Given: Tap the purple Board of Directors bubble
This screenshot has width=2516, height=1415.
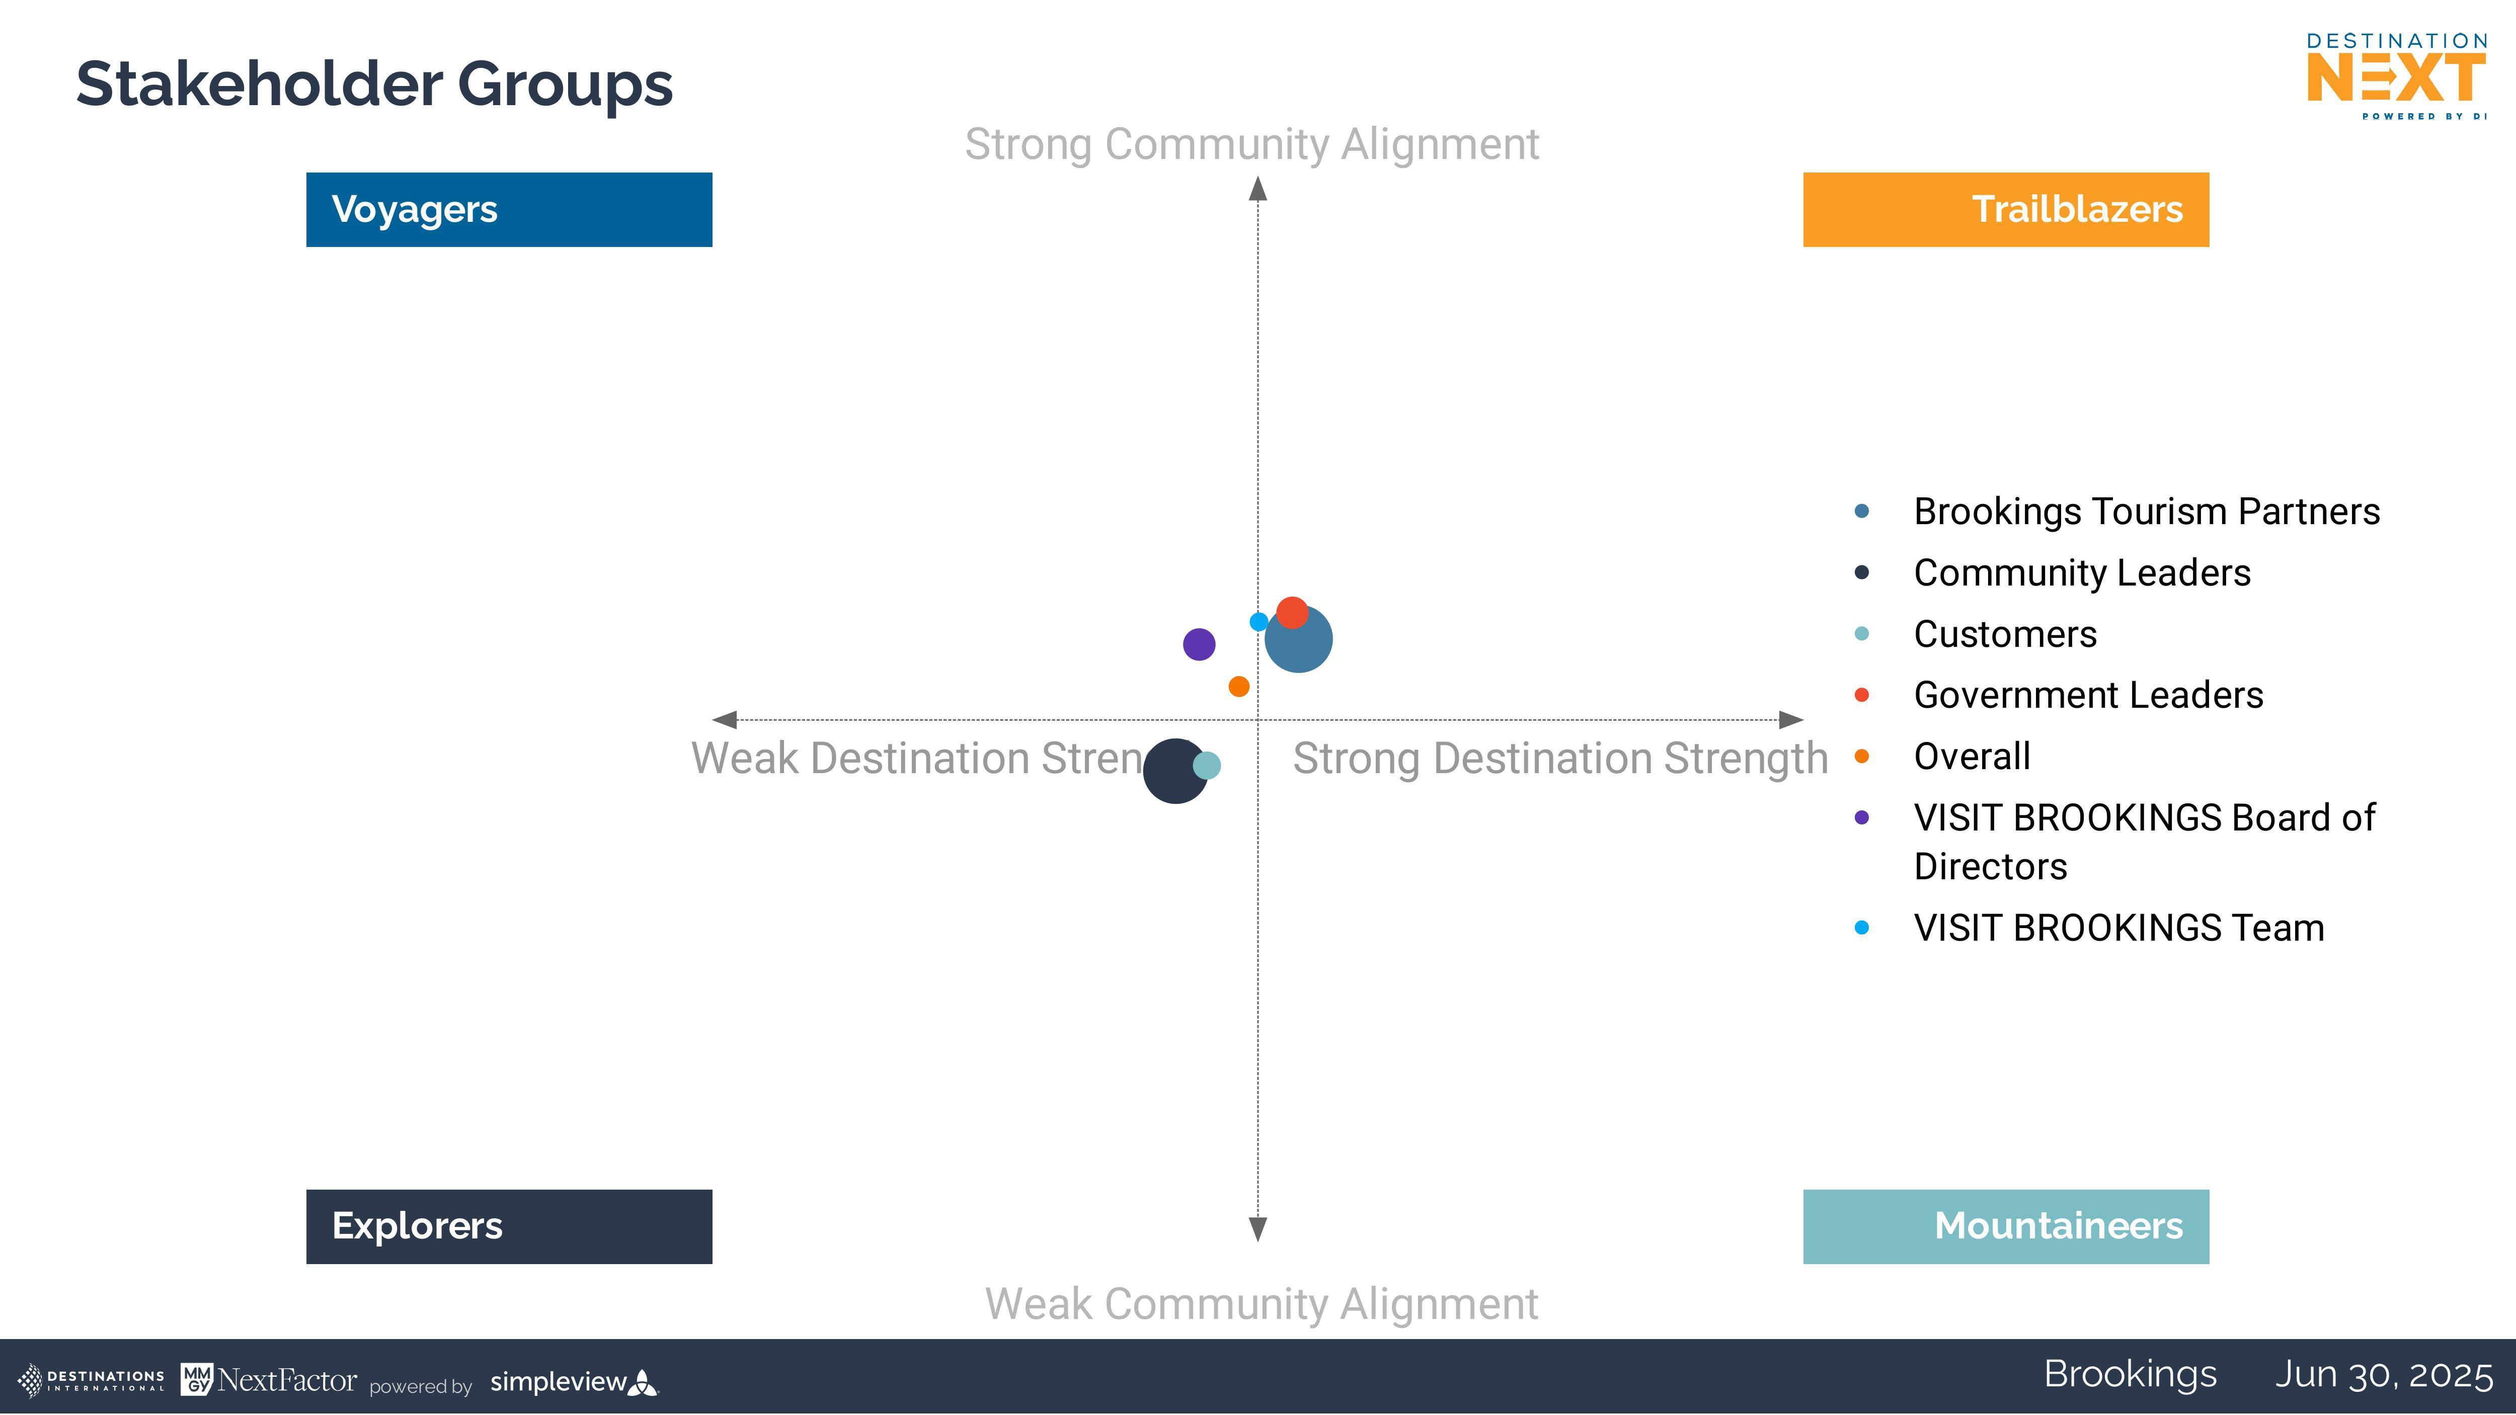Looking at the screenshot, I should [1199, 644].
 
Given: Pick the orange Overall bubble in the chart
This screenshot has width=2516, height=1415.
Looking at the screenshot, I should [1238, 687].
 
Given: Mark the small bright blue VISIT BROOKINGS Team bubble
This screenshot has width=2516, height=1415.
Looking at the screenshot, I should [1259, 621].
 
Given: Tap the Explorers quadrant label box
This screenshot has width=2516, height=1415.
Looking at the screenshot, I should [509, 1226].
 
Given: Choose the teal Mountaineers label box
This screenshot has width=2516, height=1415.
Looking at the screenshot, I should [2005, 1226].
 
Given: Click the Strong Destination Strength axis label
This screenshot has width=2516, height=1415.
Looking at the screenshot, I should [1560, 759].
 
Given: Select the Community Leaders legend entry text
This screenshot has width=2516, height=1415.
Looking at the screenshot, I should [2081, 573].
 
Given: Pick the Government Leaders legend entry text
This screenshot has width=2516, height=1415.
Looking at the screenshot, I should [2088, 695].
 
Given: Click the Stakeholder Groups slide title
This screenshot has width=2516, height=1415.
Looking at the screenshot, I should [374, 84].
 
